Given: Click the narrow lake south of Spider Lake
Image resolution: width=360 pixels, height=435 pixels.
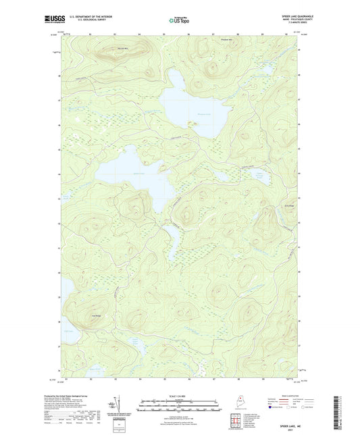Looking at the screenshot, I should (172, 240).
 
